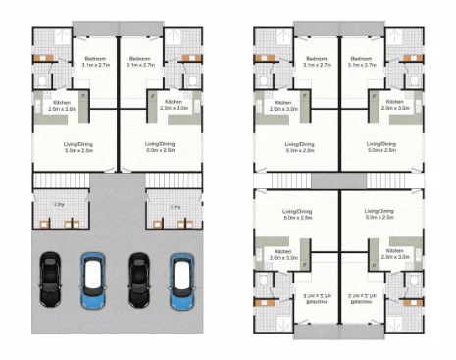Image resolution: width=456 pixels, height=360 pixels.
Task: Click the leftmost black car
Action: tap(51, 280)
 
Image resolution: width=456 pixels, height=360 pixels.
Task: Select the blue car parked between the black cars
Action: tap(94, 280)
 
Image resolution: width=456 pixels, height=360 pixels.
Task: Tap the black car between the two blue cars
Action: tap(139, 280)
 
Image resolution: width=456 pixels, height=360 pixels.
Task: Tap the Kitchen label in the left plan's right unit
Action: tap(174, 105)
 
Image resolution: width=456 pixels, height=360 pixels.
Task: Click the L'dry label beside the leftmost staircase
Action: tap(47, 207)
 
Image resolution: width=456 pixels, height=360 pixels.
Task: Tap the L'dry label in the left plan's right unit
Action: tap(175, 207)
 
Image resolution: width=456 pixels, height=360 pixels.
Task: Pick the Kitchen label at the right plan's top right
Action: tap(395, 105)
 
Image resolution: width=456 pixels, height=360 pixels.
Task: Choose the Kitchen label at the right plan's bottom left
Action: tap(281, 253)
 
